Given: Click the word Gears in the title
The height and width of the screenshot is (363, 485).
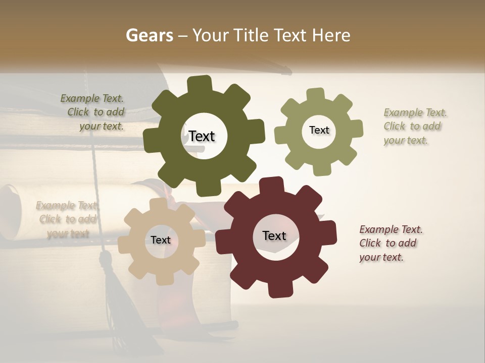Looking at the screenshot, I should pyautogui.click(x=149, y=35).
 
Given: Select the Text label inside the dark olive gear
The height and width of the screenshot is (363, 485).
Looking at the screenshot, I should pyautogui.click(x=202, y=136).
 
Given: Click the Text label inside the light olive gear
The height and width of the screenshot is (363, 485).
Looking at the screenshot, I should pyautogui.click(x=319, y=130).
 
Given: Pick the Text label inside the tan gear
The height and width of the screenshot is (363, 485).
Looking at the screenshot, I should pyautogui.click(x=161, y=240).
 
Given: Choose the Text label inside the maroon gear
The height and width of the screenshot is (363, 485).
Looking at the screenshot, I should pyautogui.click(x=274, y=235).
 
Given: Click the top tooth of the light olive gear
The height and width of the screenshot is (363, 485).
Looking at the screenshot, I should pyautogui.click(x=316, y=95).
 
